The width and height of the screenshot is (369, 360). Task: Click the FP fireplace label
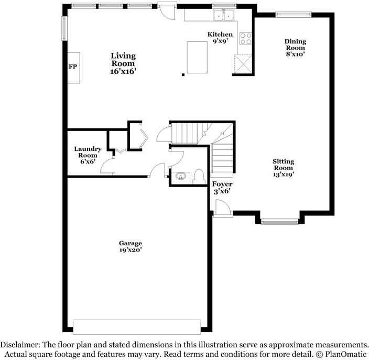pos(73,67)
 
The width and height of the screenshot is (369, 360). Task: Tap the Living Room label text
pos(123,63)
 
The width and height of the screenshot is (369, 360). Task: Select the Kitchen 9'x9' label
pos(220,38)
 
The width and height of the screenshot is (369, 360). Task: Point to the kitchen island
pos(197,57)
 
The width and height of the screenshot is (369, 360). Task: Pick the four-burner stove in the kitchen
pos(245,38)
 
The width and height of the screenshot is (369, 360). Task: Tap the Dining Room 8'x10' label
pos(295,47)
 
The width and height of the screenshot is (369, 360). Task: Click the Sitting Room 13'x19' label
pos(283,168)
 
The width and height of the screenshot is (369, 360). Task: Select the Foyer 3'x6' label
pos(222,188)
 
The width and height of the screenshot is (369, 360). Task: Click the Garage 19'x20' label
pos(130,247)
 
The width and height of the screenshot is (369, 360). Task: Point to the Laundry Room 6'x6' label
pos(88,155)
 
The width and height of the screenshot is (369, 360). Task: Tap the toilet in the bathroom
pos(198,176)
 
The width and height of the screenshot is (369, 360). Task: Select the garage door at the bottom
pos(137,326)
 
